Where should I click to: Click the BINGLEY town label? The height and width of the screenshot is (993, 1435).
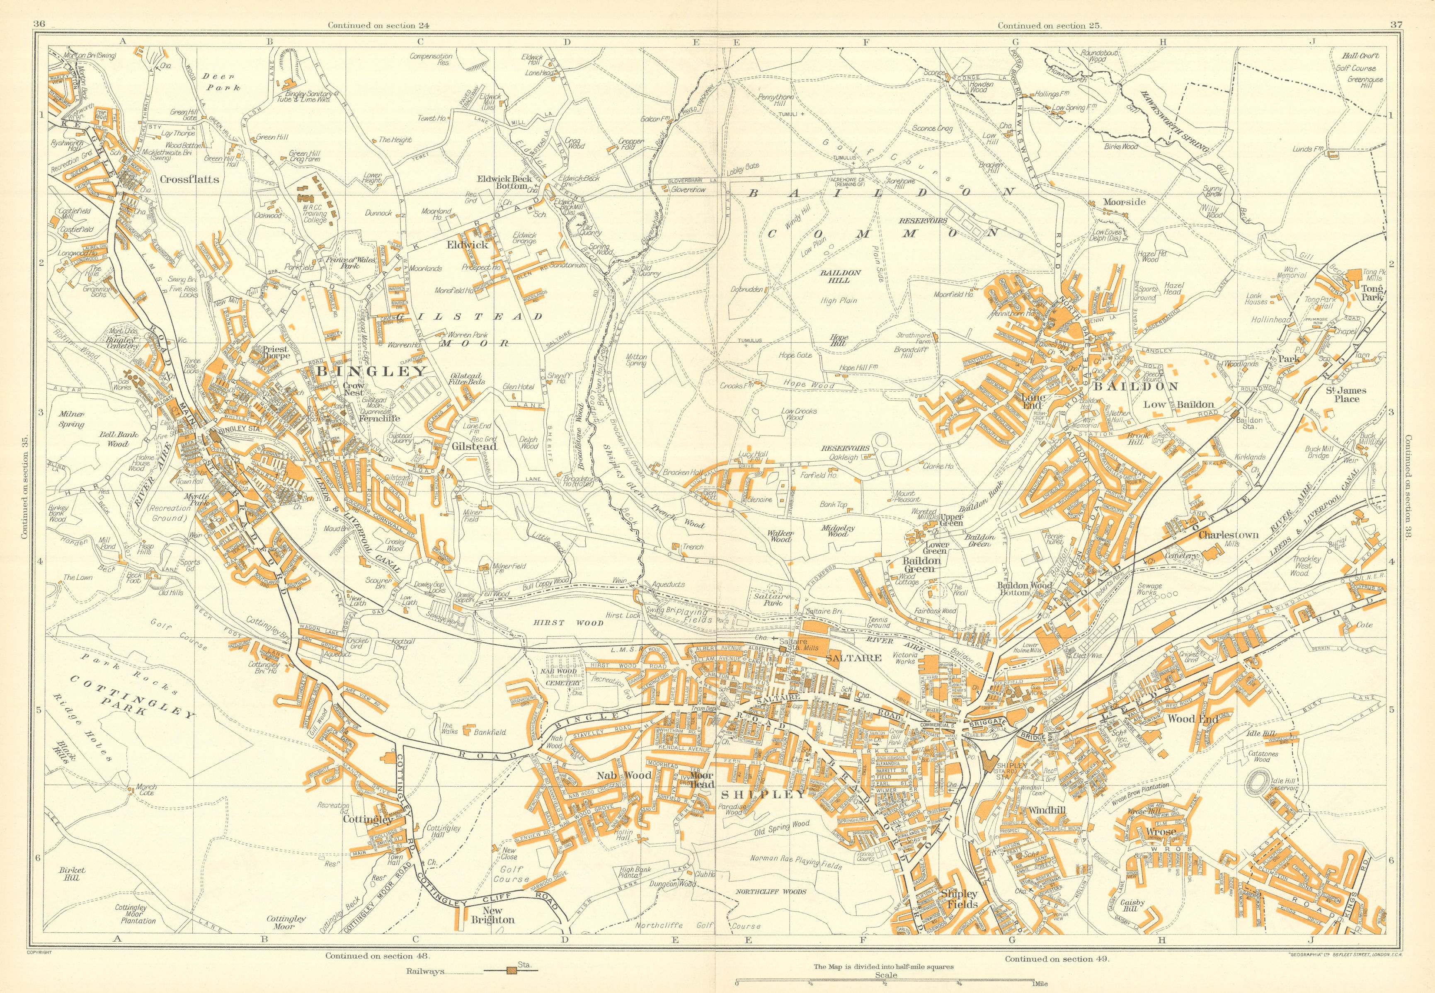[372, 371]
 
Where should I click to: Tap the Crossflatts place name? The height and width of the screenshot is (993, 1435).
[189, 179]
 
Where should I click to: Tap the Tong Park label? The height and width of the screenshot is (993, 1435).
[1372, 293]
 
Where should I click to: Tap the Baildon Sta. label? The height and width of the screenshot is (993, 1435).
[1250, 423]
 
